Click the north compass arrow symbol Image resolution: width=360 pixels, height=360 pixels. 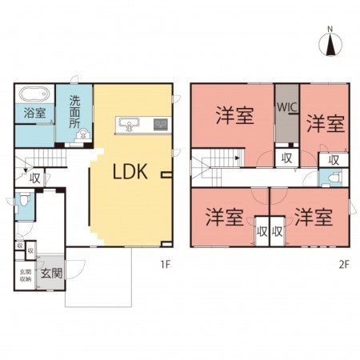point(330,45)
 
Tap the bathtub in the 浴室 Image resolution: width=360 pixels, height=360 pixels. point(34,94)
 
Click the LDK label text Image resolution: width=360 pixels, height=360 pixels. point(130,172)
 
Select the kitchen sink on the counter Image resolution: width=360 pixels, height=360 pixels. point(130,125)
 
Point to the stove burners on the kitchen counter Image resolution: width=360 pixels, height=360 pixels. point(161,125)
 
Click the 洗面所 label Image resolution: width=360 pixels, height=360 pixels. point(74,112)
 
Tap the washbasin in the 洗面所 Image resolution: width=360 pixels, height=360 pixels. point(83,134)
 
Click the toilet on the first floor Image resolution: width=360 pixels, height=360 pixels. point(24,199)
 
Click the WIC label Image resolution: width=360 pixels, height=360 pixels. point(287,107)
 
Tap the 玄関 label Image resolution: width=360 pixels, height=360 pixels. point(52,273)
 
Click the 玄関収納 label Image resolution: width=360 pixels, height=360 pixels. point(26,275)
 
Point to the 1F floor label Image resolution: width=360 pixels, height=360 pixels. point(165,264)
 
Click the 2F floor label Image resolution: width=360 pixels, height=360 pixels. point(343,264)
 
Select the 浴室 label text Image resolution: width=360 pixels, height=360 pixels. point(34,113)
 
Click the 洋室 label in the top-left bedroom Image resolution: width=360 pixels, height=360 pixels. point(234,115)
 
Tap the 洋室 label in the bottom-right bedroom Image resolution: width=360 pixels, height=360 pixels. point(314,217)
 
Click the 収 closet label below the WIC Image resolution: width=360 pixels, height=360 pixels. point(286,158)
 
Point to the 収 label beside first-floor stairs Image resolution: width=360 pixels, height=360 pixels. point(35,178)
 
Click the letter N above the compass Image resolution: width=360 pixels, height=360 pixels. point(330,29)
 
